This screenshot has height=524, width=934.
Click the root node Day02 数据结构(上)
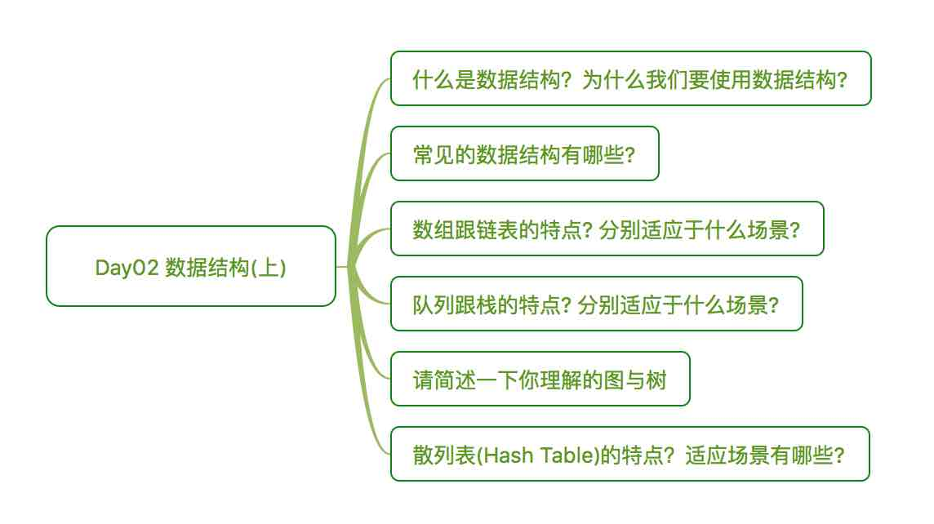(190, 266)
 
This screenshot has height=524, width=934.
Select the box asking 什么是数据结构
(631, 78)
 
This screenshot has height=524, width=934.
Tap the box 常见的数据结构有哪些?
(525, 153)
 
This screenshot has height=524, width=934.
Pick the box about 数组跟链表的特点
(607, 229)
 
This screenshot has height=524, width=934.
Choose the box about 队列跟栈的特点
(596, 304)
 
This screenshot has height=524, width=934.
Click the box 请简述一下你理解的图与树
(540, 379)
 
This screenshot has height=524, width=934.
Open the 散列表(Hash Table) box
(630, 454)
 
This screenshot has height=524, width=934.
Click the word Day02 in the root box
(127, 268)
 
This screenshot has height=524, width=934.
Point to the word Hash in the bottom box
(509, 455)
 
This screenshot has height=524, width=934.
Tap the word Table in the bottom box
(566, 455)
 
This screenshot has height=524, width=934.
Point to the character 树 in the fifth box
(656, 380)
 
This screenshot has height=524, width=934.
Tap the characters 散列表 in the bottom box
(444, 455)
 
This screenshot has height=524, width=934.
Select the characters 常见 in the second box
(434, 155)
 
